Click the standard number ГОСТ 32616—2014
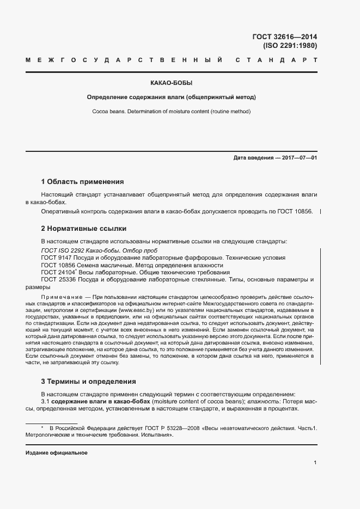coord(284,37)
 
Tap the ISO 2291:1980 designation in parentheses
coord(290,46)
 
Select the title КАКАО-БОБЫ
coord(172,84)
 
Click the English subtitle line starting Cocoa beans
coord(172,111)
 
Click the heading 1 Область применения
coord(82,181)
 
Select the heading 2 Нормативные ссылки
coord(83,228)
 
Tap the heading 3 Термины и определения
coord(88,381)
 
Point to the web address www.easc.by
coord(137,309)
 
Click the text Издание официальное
coord(56,453)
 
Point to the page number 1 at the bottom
coord(315,462)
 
